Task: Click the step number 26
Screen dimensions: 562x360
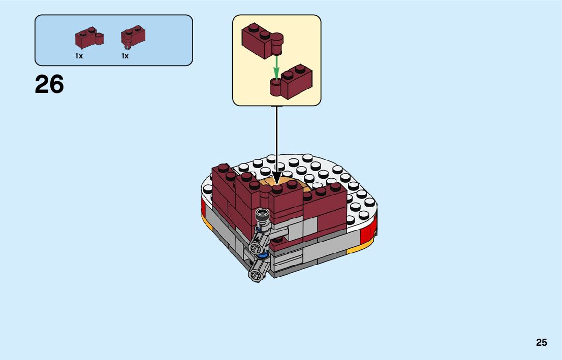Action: [49, 84]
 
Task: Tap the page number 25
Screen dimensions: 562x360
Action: [541, 343]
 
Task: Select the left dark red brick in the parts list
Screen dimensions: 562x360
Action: [88, 38]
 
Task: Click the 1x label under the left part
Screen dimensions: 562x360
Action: [79, 56]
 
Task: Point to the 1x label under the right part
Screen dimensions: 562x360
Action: [125, 56]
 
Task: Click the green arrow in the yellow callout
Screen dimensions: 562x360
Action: [276, 66]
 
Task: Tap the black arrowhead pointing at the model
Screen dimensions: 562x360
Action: [277, 178]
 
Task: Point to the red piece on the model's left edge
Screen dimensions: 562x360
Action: [204, 206]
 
